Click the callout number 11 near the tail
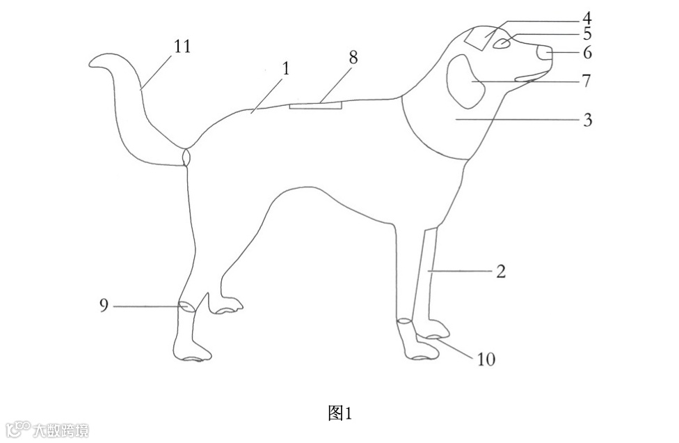pyautogui.click(x=182, y=47)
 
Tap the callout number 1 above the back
pyautogui.click(x=286, y=68)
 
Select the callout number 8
pyautogui.click(x=353, y=58)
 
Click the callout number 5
pyautogui.click(x=587, y=33)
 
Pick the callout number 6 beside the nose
pyautogui.click(x=587, y=52)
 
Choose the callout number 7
pyautogui.click(x=587, y=81)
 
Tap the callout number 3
pyautogui.click(x=587, y=120)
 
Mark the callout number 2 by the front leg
pyautogui.click(x=500, y=271)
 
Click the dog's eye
pyautogui.click(x=501, y=44)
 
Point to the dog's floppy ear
pyautogui.click(x=463, y=81)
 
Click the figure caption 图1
pyautogui.click(x=339, y=413)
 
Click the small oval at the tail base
pyautogui.click(x=186, y=157)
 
